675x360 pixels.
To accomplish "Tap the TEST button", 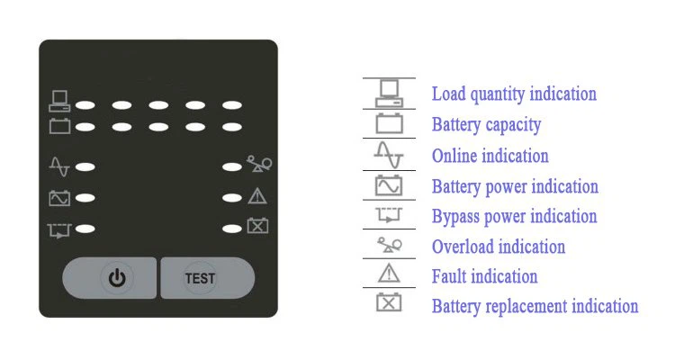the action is click(x=208, y=278).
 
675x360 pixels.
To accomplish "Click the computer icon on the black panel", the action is click(x=59, y=101).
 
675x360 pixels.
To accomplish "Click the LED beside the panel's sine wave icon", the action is click(x=85, y=167).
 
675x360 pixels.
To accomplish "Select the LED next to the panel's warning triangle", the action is click(x=232, y=198).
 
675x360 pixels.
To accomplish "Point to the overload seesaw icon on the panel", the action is click(x=259, y=164).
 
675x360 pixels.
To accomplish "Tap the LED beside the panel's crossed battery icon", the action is click(x=232, y=229).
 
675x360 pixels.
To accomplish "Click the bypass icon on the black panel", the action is click(x=59, y=230).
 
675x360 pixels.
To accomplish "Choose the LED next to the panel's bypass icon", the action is click(x=85, y=229).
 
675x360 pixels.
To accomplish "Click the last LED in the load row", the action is click(x=232, y=105).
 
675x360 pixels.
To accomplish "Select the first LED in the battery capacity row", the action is click(x=85, y=127).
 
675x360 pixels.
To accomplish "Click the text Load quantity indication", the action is click(x=514, y=94).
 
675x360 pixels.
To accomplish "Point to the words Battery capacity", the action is click(x=486, y=125).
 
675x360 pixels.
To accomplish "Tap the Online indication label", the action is click(x=490, y=156).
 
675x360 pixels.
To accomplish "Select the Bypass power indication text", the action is click(x=515, y=217).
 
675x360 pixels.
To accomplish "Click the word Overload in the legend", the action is click(x=463, y=247).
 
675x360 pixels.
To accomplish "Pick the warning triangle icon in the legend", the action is click(x=389, y=274).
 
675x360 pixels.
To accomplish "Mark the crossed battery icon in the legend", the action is click(x=389, y=302).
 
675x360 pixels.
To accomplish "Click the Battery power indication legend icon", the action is click(x=389, y=185).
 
